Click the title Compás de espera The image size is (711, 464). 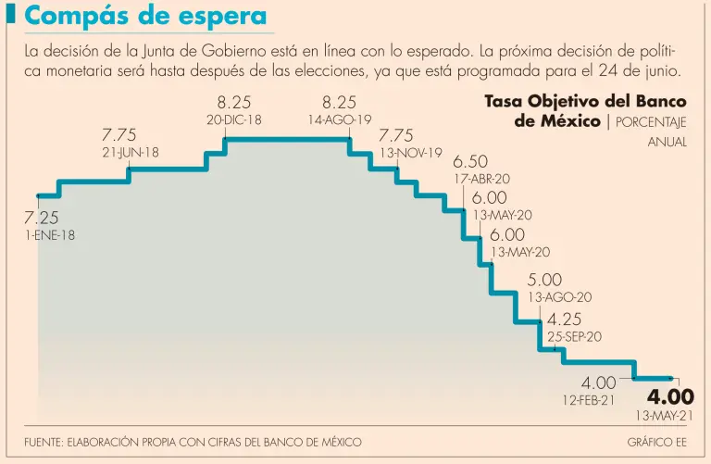(x=146, y=18)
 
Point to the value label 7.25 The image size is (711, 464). (x=41, y=219)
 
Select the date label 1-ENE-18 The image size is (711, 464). (x=50, y=236)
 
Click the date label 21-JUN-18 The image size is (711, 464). (x=131, y=153)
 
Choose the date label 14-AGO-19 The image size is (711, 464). (x=340, y=119)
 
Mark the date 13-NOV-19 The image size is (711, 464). (x=411, y=153)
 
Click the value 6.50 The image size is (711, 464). (x=470, y=162)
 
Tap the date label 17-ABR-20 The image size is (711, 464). (x=482, y=179)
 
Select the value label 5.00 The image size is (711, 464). (x=544, y=280)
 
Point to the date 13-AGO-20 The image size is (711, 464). (x=559, y=297)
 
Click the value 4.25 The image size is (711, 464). (x=565, y=320)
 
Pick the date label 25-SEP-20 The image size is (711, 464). (x=574, y=337)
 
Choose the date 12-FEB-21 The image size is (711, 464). (x=588, y=400)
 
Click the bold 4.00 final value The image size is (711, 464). (x=670, y=396)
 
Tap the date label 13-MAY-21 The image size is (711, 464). (x=665, y=416)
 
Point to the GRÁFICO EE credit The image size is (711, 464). (x=657, y=442)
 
